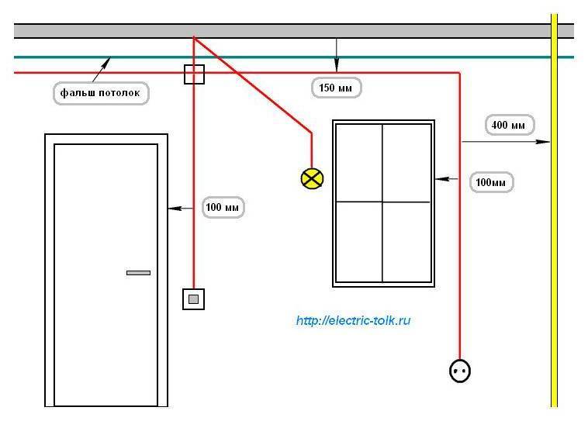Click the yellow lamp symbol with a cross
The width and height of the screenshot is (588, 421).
[312, 178]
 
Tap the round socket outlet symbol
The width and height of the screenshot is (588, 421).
[460, 371]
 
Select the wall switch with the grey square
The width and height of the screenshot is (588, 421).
[193, 299]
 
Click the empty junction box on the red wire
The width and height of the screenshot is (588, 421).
[194, 74]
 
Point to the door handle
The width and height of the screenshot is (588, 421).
[138, 273]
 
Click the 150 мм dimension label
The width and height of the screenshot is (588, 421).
[336, 88]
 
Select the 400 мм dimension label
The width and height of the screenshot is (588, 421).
[510, 125]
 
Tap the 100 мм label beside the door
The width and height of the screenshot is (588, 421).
[223, 207]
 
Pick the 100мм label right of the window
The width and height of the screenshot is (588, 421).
[491, 182]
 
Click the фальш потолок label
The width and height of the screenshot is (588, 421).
[101, 93]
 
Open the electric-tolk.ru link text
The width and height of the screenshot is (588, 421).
[353, 320]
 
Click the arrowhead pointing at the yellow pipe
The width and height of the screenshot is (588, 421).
[543, 142]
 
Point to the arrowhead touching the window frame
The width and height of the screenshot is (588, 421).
[441, 179]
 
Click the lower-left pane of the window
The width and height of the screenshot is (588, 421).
[359, 242]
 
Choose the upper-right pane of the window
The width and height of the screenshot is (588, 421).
[407, 164]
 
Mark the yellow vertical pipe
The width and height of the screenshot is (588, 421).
[554, 210]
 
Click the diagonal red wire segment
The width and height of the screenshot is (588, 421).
[252, 85]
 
